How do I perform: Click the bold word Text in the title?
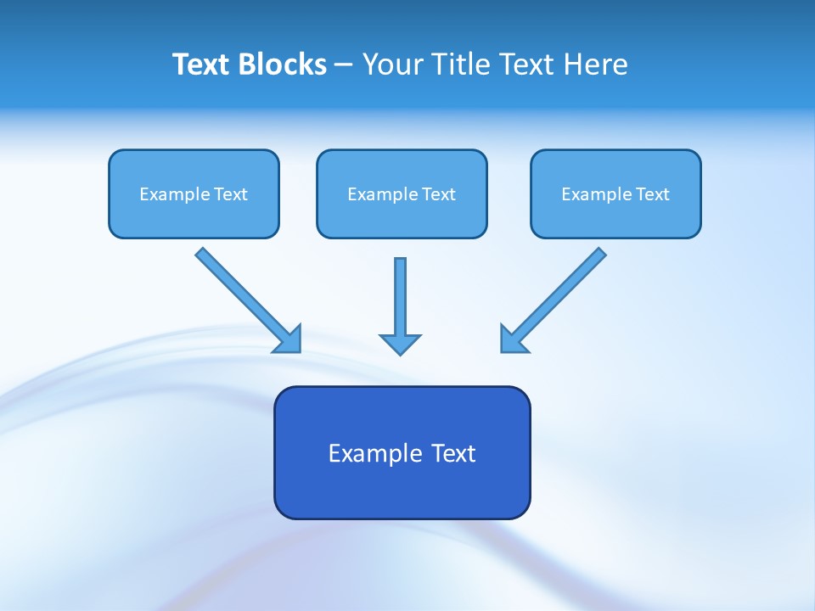coord(201,64)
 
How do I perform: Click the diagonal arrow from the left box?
coord(242,294)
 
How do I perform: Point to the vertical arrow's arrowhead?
coord(400,343)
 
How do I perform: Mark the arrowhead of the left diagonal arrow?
coord(289,340)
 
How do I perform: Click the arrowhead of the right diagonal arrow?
coord(512,339)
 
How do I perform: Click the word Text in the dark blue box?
coord(453,453)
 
